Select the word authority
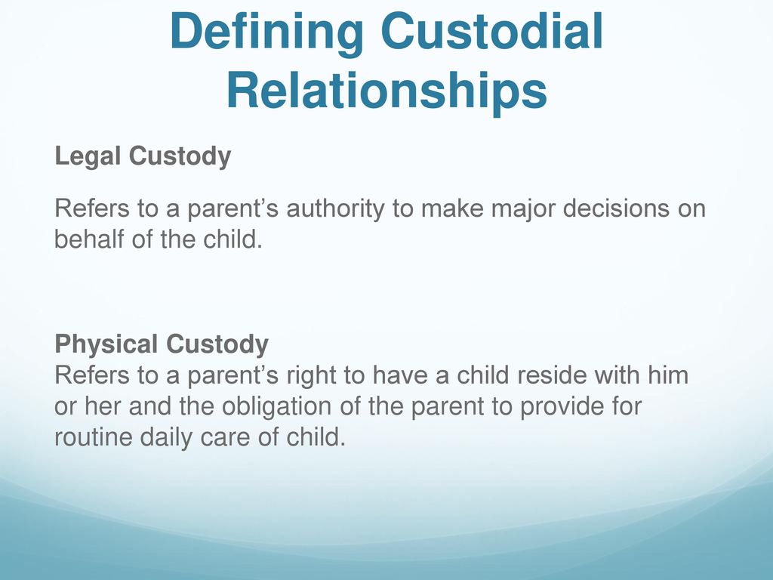[x=335, y=209]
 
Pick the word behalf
[x=89, y=239]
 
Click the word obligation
[x=282, y=408]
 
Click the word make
[x=452, y=208]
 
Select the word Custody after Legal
[x=180, y=157]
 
